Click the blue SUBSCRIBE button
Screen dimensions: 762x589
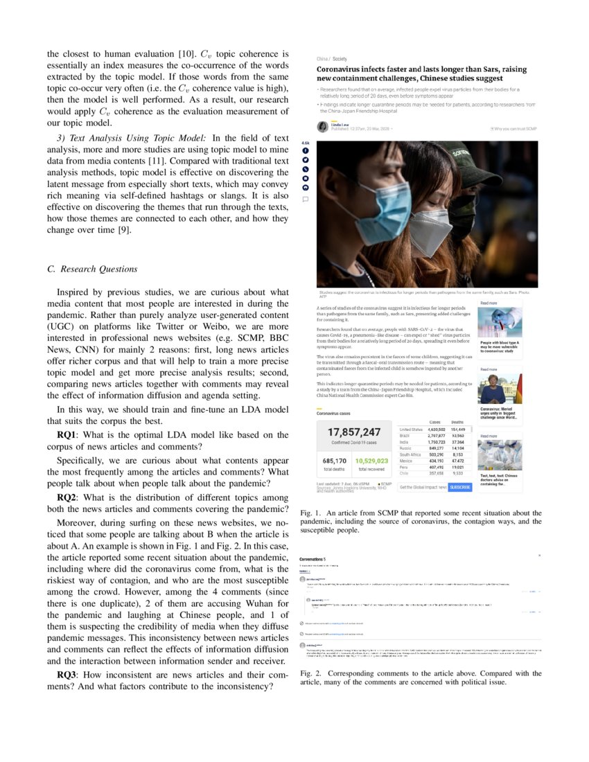coord(459,487)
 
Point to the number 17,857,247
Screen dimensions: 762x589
coord(355,432)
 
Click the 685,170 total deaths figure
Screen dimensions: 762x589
coord(335,460)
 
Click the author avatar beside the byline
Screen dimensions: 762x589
coord(323,127)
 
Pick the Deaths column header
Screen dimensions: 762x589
coord(457,422)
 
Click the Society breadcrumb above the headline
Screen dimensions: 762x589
coord(340,59)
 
